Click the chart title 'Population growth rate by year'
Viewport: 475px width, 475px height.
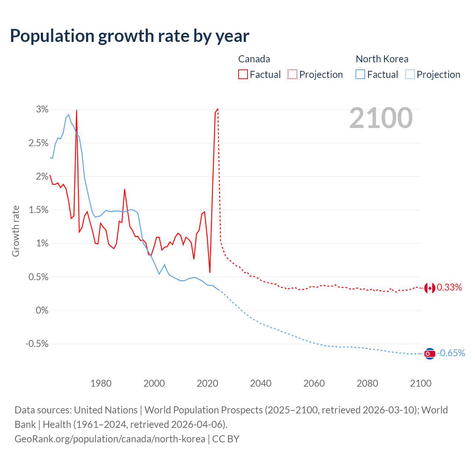(130, 36)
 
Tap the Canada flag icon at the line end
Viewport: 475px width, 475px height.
(430, 288)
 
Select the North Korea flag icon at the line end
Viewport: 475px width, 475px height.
(430, 354)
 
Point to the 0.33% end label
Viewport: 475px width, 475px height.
(449, 288)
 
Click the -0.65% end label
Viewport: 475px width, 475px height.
(451, 353)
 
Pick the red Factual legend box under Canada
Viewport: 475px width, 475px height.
(243, 75)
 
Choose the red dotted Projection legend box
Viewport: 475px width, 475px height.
(292, 75)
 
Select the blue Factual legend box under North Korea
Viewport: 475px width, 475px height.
(360, 75)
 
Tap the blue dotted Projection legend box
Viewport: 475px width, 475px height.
(410, 75)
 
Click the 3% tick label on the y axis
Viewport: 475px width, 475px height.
(42, 109)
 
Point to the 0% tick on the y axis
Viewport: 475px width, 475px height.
(42, 311)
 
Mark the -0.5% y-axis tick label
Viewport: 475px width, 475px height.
(37, 344)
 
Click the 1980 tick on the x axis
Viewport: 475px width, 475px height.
(101, 383)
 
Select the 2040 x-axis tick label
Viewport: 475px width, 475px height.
(261, 383)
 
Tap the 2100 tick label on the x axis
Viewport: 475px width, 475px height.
(420, 383)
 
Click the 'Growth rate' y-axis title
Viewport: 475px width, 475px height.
(16, 231)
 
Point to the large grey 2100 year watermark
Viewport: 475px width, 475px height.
(381, 118)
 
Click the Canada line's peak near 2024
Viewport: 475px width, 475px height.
(217, 109)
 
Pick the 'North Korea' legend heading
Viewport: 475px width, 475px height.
(382, 59)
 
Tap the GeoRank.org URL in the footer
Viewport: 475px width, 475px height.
(110, 439)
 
